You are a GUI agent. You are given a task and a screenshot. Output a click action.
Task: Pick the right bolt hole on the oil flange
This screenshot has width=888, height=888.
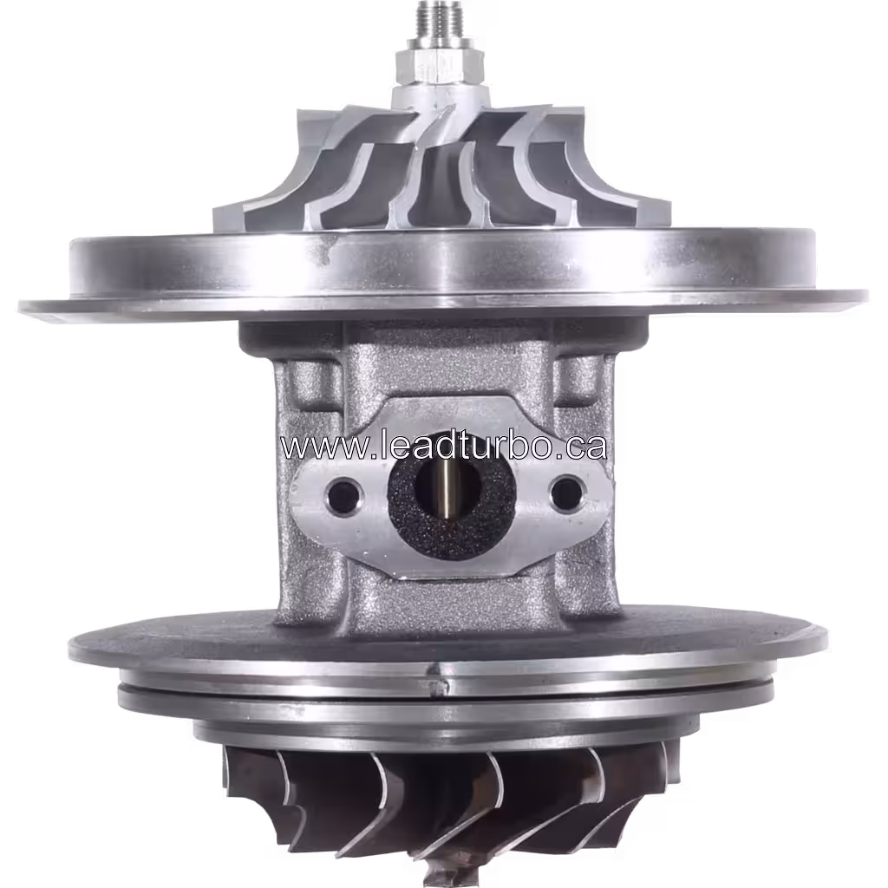point(566,493)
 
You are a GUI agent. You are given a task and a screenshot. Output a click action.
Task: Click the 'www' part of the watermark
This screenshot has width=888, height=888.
point(313,447)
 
